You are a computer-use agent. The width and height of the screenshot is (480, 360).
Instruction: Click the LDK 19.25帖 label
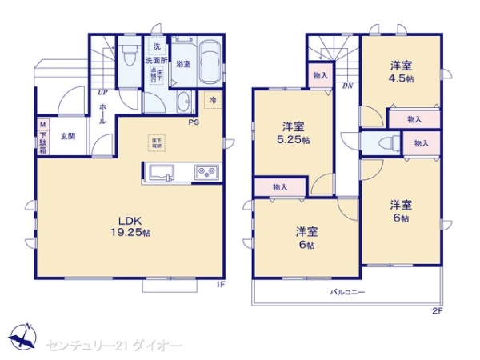[x=130, y=226]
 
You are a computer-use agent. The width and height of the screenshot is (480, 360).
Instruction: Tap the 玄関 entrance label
[x=68, y=136]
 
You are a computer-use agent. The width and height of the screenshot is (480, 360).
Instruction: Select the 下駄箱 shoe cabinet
[x=42, y=137]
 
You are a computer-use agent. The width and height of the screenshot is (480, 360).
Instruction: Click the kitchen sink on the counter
[x=161, y=172]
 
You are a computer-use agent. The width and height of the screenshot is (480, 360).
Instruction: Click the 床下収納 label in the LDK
[x=156, y=142]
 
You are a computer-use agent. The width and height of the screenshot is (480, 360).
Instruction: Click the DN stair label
[x=348, y=85]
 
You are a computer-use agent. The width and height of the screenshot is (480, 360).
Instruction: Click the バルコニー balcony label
[x=348, y=293]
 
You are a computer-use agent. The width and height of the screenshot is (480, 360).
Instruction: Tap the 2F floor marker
[x=437, y=310]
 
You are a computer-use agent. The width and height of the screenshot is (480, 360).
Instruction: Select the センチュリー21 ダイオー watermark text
[x=115, y=345]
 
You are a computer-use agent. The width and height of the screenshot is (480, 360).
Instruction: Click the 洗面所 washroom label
[x=155, y=61]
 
